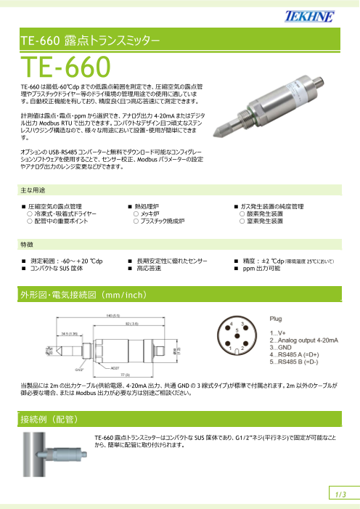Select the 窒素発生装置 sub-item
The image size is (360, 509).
point(266,221)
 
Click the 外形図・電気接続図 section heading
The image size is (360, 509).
point(86,295)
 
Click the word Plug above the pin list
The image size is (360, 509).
point(277,318)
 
